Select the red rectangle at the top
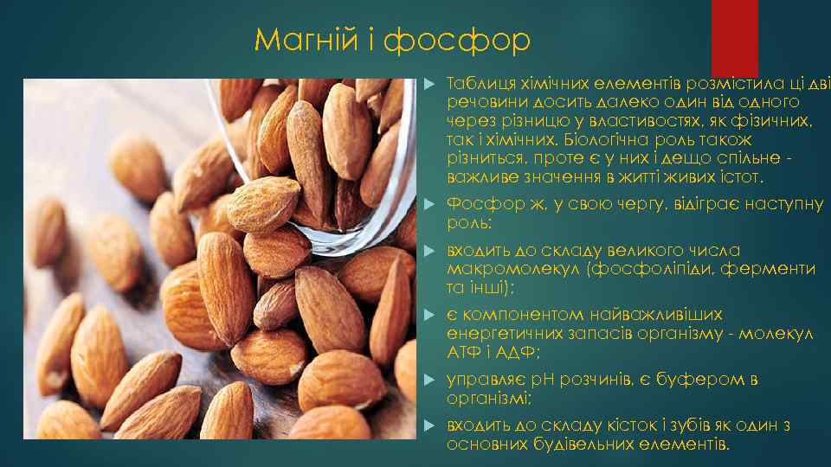click(734, 36)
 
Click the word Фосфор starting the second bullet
click(478, 205)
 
